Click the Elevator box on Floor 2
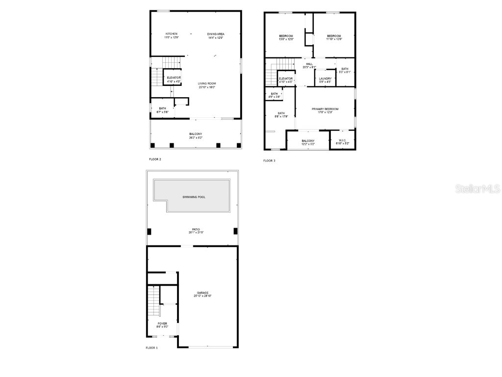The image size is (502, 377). point(174,79)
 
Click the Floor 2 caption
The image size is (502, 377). point(155,159)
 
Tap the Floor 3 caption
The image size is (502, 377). point(269,161)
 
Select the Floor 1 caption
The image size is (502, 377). point(152,348)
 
